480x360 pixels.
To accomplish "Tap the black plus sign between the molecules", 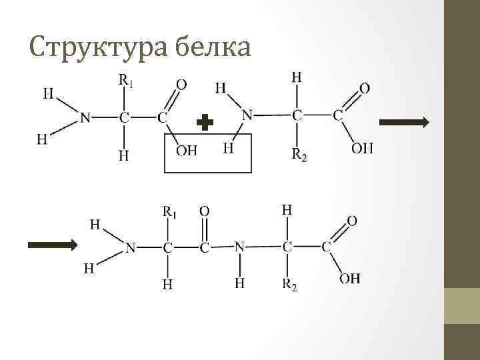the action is pyautogui.click(x=206, y=123).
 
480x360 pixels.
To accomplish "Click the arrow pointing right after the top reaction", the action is pyautogui.click(x=404, y=122).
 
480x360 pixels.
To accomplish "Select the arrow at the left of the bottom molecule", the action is pyautogui.click(x=53, y=245).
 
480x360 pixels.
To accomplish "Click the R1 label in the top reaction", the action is pyautogui.click(x=125, y=81).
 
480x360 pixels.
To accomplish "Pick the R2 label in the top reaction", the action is pyautogui.click(x=299, y=155).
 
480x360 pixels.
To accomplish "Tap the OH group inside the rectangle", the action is pyautogui.click(x=187, y=151).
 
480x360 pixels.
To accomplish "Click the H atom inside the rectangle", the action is pyautogui.click(x=228, y=147).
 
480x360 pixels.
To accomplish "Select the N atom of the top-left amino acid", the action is pyautogui.click(x=85, y=117).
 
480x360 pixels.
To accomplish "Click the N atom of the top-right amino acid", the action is pyautogui.click(x=247, y=115).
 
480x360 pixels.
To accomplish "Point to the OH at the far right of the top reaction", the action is pyautogui.click(x=363, y=148).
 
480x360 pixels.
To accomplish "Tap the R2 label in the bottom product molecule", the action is pyautogui.click(x=289, y=286).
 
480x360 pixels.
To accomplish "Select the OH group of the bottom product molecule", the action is pyautogui.click(x=350, y=278).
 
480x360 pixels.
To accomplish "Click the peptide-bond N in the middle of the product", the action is pyautogui.click(x=239, y=247).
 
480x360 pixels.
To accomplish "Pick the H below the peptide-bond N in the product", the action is pyautogui.click(x=239, y=284).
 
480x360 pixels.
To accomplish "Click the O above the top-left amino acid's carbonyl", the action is pyautogui.click(x=181, y=85).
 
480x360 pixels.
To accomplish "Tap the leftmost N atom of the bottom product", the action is pyautogui.click(x=130, y=248).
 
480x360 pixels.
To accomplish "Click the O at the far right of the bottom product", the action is pyautogui.click(x=353, y=219).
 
